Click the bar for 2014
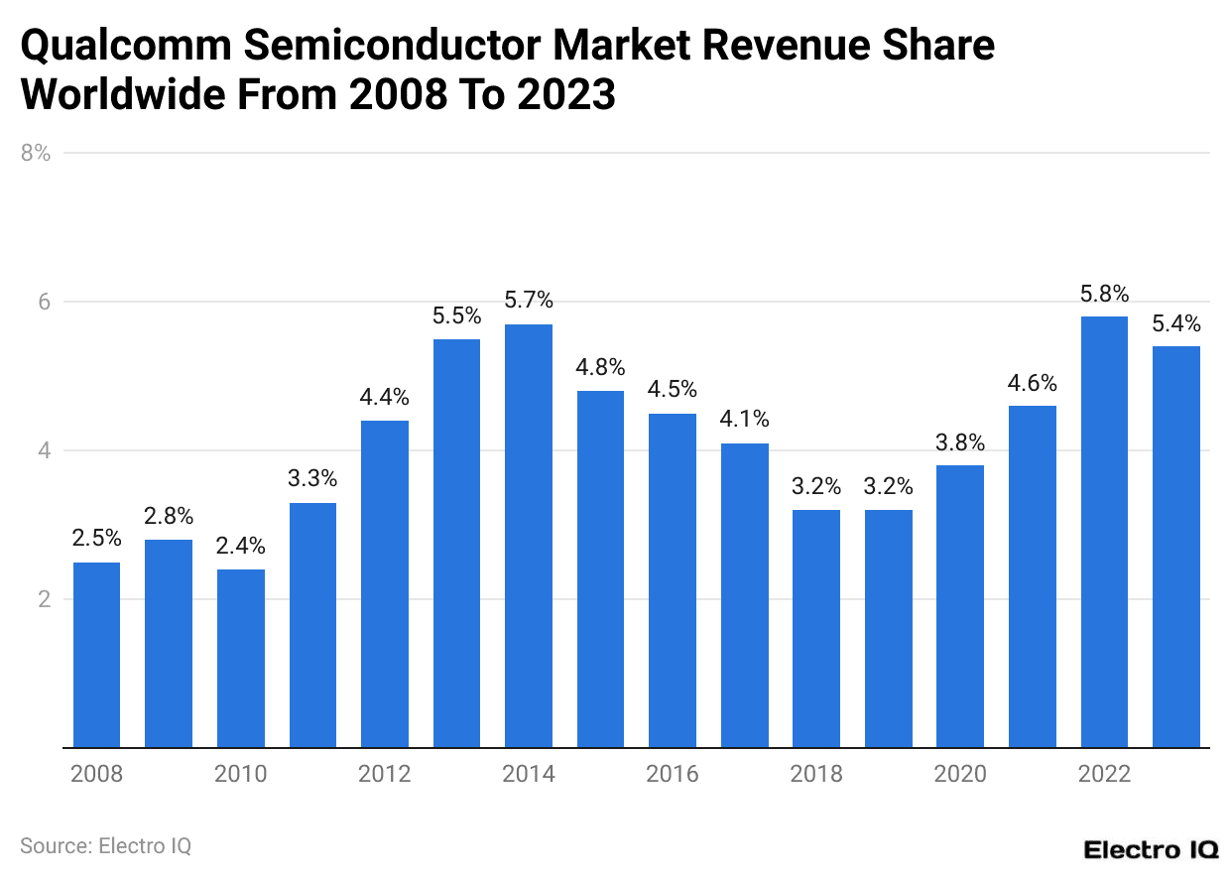pos(529,536)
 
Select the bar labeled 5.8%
pos(1104,532)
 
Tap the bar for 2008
pos(97,655)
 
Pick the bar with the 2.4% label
pos(241,659)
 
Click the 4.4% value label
pos(385,397)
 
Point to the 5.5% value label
pos(456,315)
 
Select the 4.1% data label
pos(744,420)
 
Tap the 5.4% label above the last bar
pos(1175,322)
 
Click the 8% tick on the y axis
pos(35,153)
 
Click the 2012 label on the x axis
pos(385,774)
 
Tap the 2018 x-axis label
pos(816,774)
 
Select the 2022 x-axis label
pos(1104,774)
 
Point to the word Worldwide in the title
pos(128,96)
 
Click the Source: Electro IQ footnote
pos(105,846)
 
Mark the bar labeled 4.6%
pos(1032,576)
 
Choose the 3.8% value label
pos(960,441)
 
